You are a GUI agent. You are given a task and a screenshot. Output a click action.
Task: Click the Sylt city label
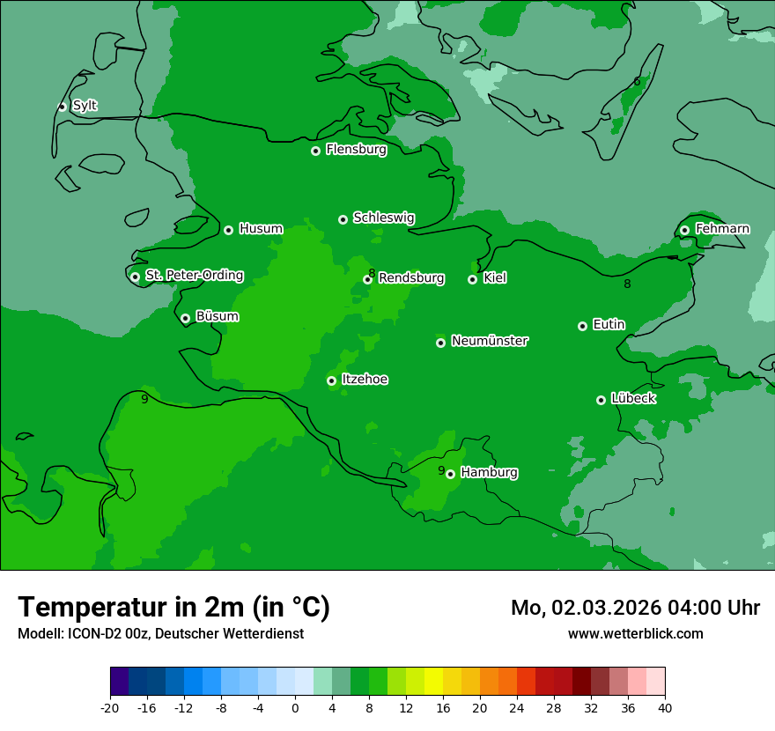tap(85, 106)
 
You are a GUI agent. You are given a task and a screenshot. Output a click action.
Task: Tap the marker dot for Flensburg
tap(315, 151)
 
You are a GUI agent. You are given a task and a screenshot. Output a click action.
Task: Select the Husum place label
tap(261, 229)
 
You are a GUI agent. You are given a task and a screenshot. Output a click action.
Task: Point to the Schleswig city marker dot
tap(343, 219)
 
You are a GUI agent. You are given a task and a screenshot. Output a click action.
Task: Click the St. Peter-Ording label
tap(194, 276)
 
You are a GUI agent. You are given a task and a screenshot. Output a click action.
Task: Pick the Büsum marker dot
tap(185, 319)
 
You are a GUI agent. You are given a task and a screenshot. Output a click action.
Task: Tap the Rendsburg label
tap(411, 278)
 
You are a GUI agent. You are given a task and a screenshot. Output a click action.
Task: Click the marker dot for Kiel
tap(472, 279)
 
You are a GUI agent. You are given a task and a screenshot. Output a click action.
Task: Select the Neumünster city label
tap(490, 341)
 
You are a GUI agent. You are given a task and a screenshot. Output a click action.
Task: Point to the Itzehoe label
tap(365, 380)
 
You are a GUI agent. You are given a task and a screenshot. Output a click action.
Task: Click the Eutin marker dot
tap(582, 326)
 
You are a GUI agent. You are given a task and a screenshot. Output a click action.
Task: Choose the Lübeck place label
tap(633, 398)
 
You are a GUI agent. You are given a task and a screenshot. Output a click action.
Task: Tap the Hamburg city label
tap(489, 473)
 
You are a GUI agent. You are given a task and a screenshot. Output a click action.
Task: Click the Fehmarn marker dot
tap(684, 230)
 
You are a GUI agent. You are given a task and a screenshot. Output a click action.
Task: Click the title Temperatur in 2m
tap(173, 607)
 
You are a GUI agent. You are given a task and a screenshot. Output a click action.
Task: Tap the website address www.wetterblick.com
tap(635, 633)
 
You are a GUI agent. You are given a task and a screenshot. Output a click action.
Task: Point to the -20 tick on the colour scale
tap(110, 707)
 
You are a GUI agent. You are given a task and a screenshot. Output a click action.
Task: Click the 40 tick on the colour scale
tap(665, 707)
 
